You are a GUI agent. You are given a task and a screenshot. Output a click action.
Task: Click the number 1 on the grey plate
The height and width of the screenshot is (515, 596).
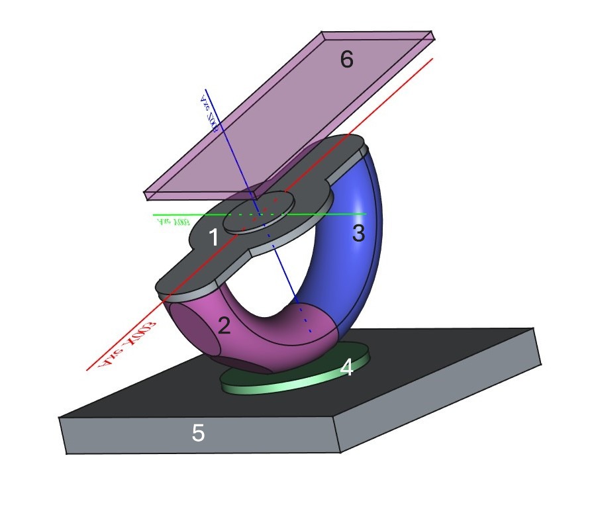[x=213, y=237]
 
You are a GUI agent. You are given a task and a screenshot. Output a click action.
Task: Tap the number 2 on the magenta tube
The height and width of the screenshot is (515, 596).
[x=224, y=325]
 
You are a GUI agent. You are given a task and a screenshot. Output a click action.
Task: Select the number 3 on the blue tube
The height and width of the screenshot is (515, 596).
[x=358, y=233]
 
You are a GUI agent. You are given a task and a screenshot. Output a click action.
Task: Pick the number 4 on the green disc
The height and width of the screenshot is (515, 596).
[x=346, y=368]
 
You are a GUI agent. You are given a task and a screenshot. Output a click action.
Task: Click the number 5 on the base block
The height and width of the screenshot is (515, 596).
[x=198, y=433]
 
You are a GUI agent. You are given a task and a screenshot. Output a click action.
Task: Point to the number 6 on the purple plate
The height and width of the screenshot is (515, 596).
[x=346, y=60]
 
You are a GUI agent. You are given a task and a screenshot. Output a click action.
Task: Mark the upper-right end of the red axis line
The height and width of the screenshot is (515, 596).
[x=432, y=58]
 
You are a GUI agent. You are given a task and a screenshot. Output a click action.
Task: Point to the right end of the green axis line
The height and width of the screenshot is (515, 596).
[x=366, y=214]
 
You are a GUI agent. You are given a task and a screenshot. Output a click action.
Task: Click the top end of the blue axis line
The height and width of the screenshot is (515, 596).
[x=205, y=89]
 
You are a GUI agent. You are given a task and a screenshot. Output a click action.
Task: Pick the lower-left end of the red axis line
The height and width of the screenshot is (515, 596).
[x=87, y=370]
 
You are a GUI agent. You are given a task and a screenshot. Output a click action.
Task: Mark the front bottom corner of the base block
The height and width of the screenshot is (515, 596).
[x=340, y=453]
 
